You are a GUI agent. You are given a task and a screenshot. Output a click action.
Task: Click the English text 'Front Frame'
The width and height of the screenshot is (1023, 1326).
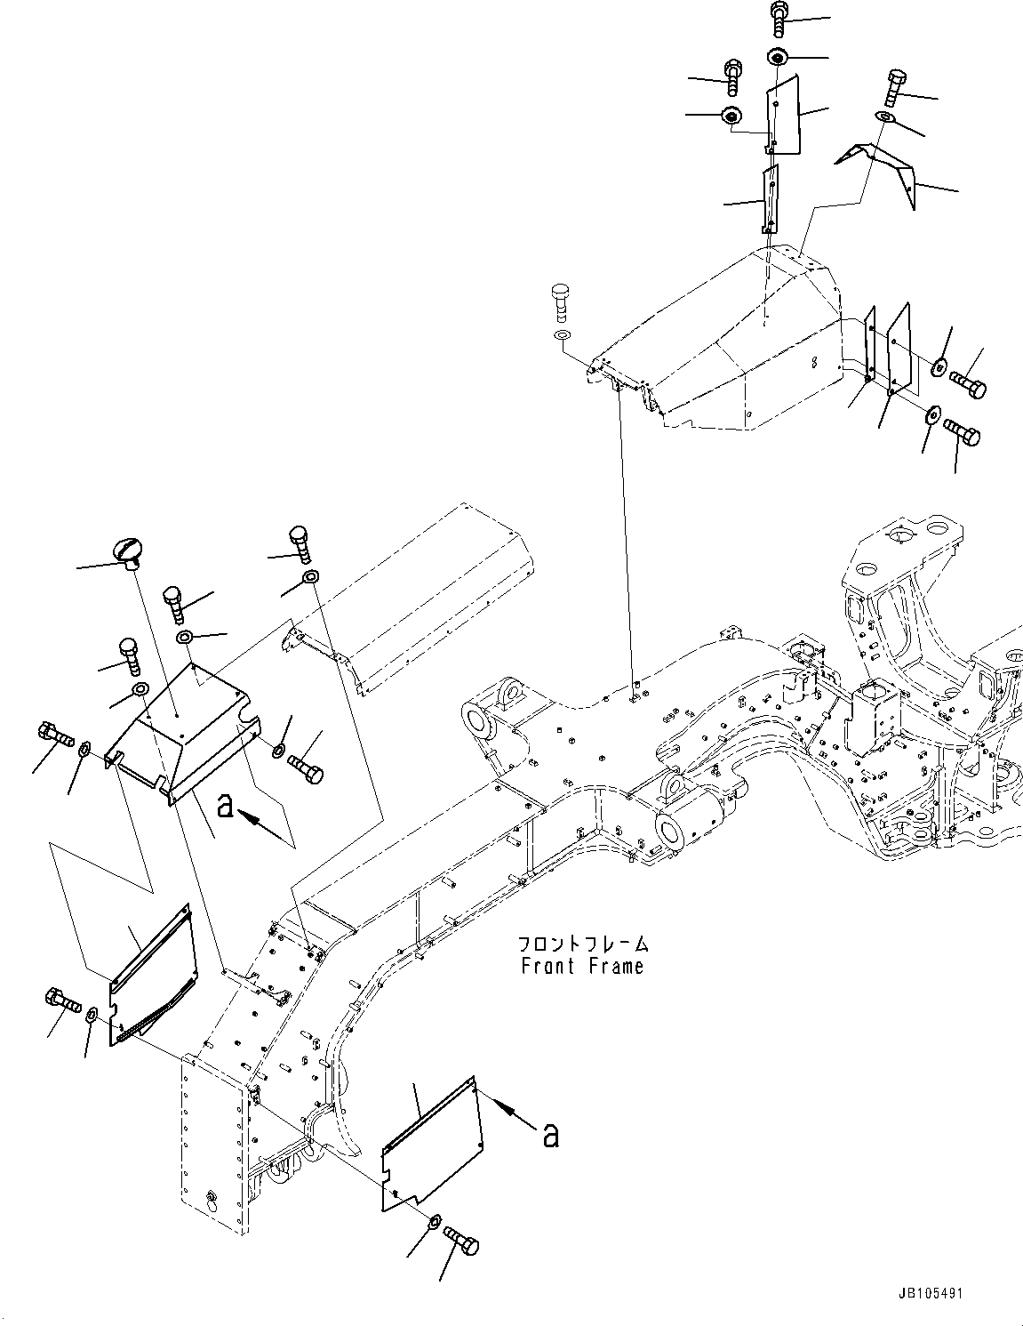[582, 966]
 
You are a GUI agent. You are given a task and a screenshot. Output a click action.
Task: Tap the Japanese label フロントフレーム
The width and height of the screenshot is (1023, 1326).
[582, 944]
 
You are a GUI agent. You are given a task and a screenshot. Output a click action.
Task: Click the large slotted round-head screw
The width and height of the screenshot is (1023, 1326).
[126, 552]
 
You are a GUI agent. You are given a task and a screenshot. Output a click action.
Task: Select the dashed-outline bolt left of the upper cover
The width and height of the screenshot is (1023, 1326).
[561, 301]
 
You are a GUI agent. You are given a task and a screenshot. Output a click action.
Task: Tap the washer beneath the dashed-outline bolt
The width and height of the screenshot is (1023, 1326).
[561, 335]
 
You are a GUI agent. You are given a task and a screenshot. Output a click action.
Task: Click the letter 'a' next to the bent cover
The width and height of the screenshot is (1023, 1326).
[226, 806]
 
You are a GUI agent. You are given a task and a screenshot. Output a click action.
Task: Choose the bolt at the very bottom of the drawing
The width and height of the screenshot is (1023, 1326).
[461, 1237]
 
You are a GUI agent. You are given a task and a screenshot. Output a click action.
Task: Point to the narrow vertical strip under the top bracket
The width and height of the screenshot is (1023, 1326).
[770, 200]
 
